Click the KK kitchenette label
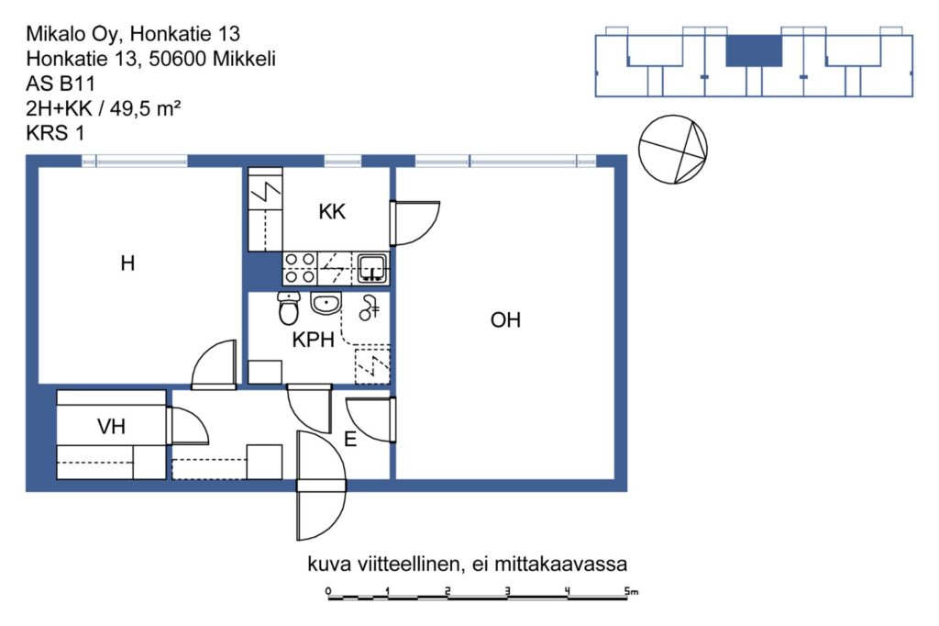(332, 212)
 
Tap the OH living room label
(505, 320)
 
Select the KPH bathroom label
(313, 340)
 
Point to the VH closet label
(111, 427)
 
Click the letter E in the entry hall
(350, 440)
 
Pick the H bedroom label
(127, 263)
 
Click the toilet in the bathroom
(289, 308)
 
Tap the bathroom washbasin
(326, 304)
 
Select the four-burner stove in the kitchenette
(300, 268)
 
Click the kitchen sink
(372, 268)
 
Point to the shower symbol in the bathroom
(369, 307)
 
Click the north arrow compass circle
(672, 150)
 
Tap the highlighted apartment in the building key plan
(754, 50)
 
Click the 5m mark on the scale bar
(631, 591)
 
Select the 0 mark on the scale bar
(328, 591)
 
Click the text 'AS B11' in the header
(61, 83)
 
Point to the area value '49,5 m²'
(145, 108)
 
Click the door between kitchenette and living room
(414, 223)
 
